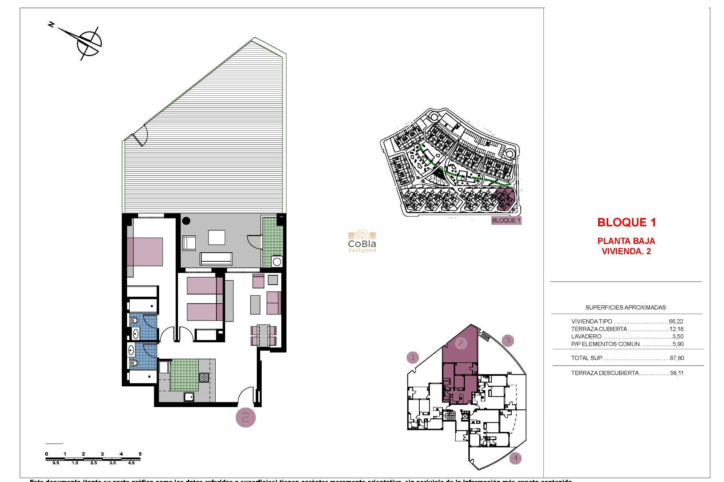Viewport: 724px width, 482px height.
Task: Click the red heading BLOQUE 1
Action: [x=626, y=223]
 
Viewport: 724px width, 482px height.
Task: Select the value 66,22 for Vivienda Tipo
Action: [x=676, y=322]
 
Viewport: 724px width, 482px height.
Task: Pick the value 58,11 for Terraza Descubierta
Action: [x=676, y=373]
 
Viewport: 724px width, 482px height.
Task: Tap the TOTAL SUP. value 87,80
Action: [x=677, y=358]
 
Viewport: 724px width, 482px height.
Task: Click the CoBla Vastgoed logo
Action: [x=362, y=241]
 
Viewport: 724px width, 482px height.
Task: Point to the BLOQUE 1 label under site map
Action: [x=506, y=221]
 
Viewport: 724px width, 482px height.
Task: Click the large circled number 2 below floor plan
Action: [x=245, y=417]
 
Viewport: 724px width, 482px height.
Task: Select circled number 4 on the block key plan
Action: [x=515, y=458]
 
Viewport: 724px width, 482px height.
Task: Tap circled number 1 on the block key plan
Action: [x=413, y=357]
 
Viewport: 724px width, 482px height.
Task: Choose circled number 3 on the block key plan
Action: [x=508, y=341]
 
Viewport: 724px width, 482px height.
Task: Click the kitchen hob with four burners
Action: [x=204, y=377]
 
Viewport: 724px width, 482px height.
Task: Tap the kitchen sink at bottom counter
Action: [x=189, y=396]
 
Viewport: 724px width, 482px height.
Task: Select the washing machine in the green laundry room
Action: [x=277, y=262]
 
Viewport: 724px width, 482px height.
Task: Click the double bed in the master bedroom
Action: [x=145, y=252]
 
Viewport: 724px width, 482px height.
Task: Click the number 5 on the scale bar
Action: [x=140, y=454]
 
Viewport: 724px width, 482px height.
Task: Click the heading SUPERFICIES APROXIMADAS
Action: [x=625, y=308]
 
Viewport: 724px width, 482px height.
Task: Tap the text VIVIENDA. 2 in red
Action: [x=626, y=252]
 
